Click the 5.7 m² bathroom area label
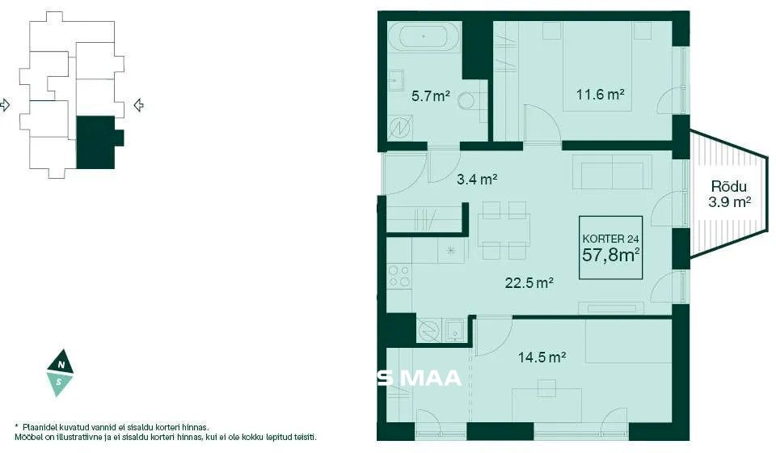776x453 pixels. pyautogui.click(x=431, y=95)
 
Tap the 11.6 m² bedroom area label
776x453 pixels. pyautogui.click(x=600, y=94)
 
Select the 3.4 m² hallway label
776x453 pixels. pyautogui.click(x=477, y=179)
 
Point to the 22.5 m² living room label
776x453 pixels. pyautogui.click(x=529, y=282)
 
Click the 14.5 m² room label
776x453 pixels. pyautogui.click(x=542, y=357)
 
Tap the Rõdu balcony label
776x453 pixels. pyautogui.click(x=728, y=187)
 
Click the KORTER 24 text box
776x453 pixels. pyautogui.click(x=611, y=248)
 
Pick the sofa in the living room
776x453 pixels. pyautogui.click(x=612, y=171)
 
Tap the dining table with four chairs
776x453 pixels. pyautogui.click(x=504, y=231)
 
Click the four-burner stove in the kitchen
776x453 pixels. pyautogui.click(x=399, y=276)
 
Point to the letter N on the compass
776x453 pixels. pyautogui.click(x=61, y=365)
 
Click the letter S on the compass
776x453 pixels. pyautogui.click(x=59, y=382)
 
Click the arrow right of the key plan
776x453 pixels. pyautogui.click(x=139, y=105)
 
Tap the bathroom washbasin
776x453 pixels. pyautogui.click(x=395, y=80)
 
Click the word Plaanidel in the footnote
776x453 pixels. pyautogui.click(x=38, y=427)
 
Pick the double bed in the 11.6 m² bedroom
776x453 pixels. pyautogui.click(x=597, y=66)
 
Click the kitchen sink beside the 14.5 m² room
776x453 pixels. pyautogui.click(x=454, y=330)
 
